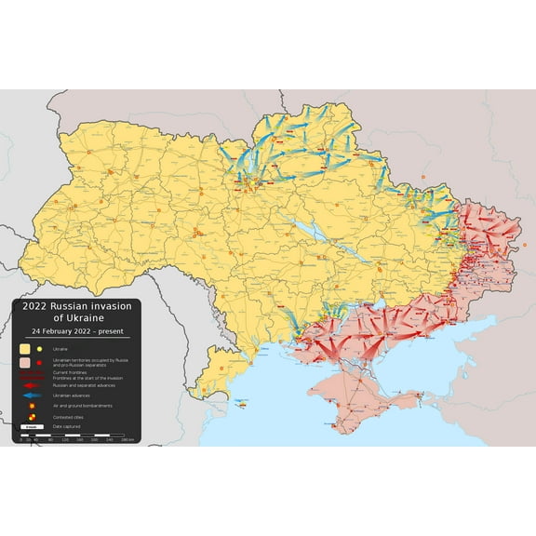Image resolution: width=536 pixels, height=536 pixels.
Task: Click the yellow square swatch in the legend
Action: click(x=26, y=348)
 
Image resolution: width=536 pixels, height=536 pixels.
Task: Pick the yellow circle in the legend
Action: click(x=40, y=348)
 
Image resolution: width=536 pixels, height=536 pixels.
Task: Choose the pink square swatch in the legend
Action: click(x=26, y=361)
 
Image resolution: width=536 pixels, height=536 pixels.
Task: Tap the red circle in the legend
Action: click(x=40, y=361)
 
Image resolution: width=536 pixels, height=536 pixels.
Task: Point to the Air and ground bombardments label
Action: click(x=83, y=406)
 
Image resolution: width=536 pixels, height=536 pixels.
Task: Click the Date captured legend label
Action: click(x=67, y=427)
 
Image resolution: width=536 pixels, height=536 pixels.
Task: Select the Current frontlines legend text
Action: click(x=70, y=372)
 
